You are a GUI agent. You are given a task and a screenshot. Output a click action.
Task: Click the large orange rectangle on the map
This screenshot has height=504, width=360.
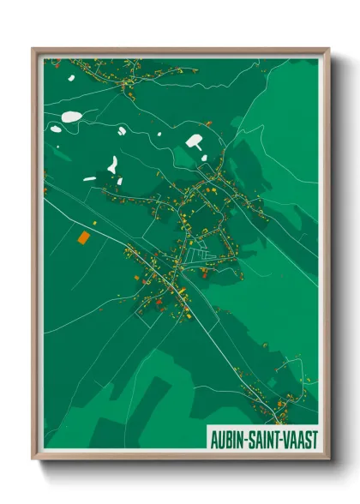83,237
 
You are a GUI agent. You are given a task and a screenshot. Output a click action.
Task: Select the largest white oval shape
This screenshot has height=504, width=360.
73,117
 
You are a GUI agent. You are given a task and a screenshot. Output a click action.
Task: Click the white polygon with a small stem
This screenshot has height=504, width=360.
195,141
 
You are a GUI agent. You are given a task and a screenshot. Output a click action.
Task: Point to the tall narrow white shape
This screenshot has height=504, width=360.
112,163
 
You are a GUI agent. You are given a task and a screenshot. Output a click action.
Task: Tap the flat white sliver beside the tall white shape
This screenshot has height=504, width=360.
90,178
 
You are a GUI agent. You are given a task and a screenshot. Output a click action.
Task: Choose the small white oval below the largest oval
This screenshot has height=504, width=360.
56,129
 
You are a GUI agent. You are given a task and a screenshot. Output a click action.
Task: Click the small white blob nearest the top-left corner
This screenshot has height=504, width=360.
71,79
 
